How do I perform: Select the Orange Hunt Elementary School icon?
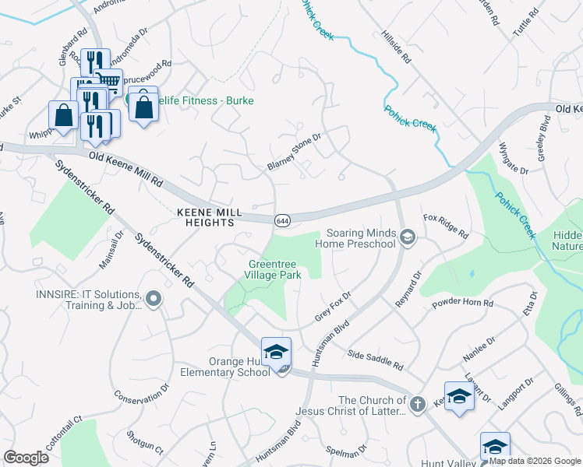(276, 353)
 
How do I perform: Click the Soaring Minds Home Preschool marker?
(407, 236)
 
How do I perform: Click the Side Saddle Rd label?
(376, 360)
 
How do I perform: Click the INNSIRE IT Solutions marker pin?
(154, 298)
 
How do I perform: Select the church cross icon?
(417, 403)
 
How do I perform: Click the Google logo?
(26, 458)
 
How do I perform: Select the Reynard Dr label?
(408, 288)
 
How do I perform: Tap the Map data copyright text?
(535, 461)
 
